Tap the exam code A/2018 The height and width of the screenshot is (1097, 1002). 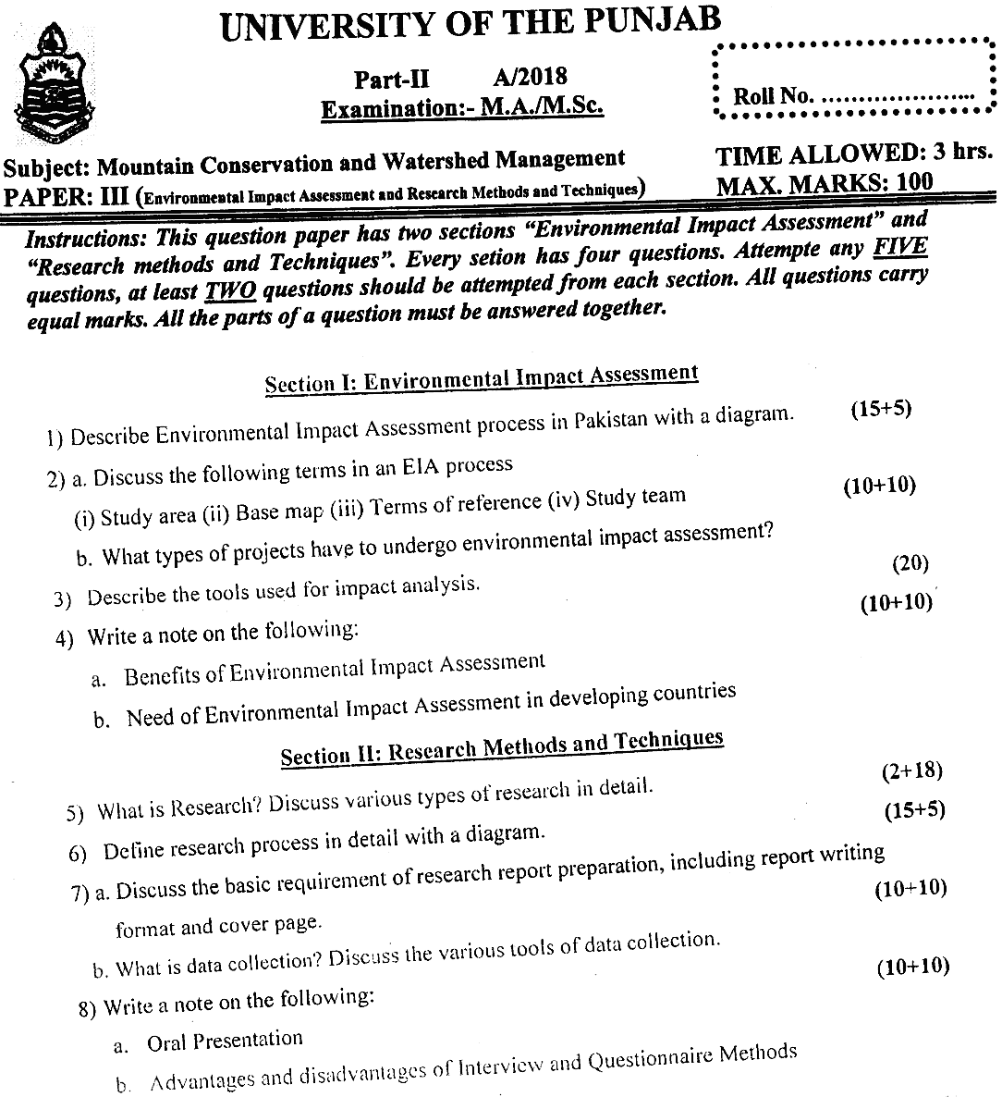531,77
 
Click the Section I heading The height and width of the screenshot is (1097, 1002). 481,378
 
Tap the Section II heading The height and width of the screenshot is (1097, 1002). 501,747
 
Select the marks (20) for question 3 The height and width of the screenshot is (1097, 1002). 910,562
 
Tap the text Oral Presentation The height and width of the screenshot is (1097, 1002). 225,1041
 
